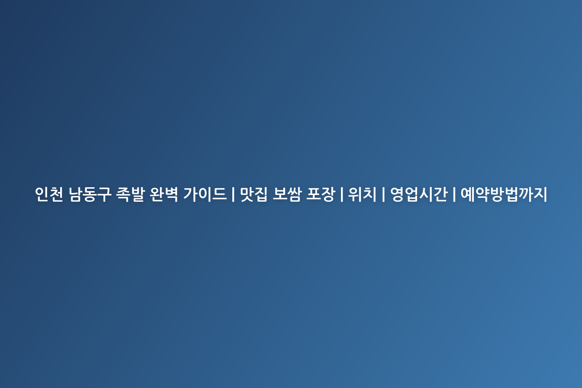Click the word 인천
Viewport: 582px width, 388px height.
[49, 194]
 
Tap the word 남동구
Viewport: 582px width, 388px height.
[90, 194]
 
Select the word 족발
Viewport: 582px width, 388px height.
[130, 194]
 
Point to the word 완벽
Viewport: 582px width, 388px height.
[164, 194]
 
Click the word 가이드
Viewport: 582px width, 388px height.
[205, 194]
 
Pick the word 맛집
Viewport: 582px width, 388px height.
[254, 194]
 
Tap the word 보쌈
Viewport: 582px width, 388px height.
[287, 194]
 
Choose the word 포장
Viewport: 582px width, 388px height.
[321, 194]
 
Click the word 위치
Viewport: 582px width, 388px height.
[362, 194]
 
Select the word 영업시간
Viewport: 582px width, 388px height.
[419, 194]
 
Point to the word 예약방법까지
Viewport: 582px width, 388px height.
[504, 194]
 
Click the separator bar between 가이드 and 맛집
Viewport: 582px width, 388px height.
[233, 194]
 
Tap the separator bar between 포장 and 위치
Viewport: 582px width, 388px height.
[341, 194]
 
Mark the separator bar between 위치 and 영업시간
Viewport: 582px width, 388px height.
[384, 194]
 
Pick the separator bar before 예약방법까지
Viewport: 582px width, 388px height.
[454, 194]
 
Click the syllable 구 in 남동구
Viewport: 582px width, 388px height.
[105, 194]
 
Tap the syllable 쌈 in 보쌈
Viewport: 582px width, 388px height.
[295, 194]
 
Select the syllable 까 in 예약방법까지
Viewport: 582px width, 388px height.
[526, 194]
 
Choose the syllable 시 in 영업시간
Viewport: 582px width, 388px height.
[426, 194]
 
